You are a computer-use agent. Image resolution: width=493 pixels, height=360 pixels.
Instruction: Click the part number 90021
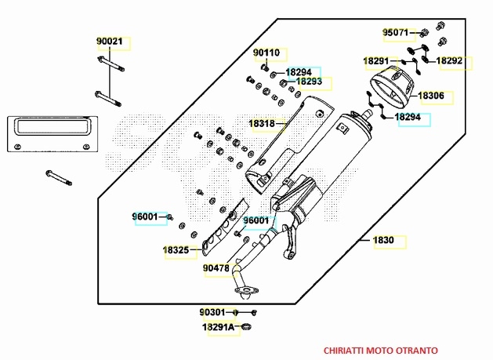click(x=110, y=42)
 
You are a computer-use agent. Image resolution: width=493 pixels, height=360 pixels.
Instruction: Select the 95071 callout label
click(x=395, y=33)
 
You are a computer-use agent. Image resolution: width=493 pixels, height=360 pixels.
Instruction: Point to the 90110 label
click(x=266, y=53)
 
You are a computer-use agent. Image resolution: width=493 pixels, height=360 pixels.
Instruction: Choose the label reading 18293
click(x=309, y=82)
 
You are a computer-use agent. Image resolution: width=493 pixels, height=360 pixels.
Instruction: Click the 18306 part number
click(x=430, y=96)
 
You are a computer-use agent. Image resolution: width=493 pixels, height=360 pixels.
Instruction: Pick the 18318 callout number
click(x=262, y=124)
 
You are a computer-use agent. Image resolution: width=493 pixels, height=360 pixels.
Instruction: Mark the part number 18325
click(x=176, y=250)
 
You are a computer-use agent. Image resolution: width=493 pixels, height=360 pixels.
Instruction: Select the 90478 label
click(x=215, y=268)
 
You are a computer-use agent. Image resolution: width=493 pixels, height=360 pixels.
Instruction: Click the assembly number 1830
click(x=383, y=241)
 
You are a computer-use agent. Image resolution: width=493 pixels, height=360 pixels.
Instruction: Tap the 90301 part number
click(x=212, y=311)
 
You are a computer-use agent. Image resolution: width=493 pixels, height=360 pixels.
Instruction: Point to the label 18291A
click(x=219, y=327)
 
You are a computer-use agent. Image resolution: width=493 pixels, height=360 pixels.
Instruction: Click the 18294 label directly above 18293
click(x=298, y=72)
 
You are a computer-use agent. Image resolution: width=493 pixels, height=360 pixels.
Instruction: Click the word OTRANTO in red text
click(x=416, y=350)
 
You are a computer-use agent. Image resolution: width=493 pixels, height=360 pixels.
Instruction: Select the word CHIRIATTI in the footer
click(x=345, y=350)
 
